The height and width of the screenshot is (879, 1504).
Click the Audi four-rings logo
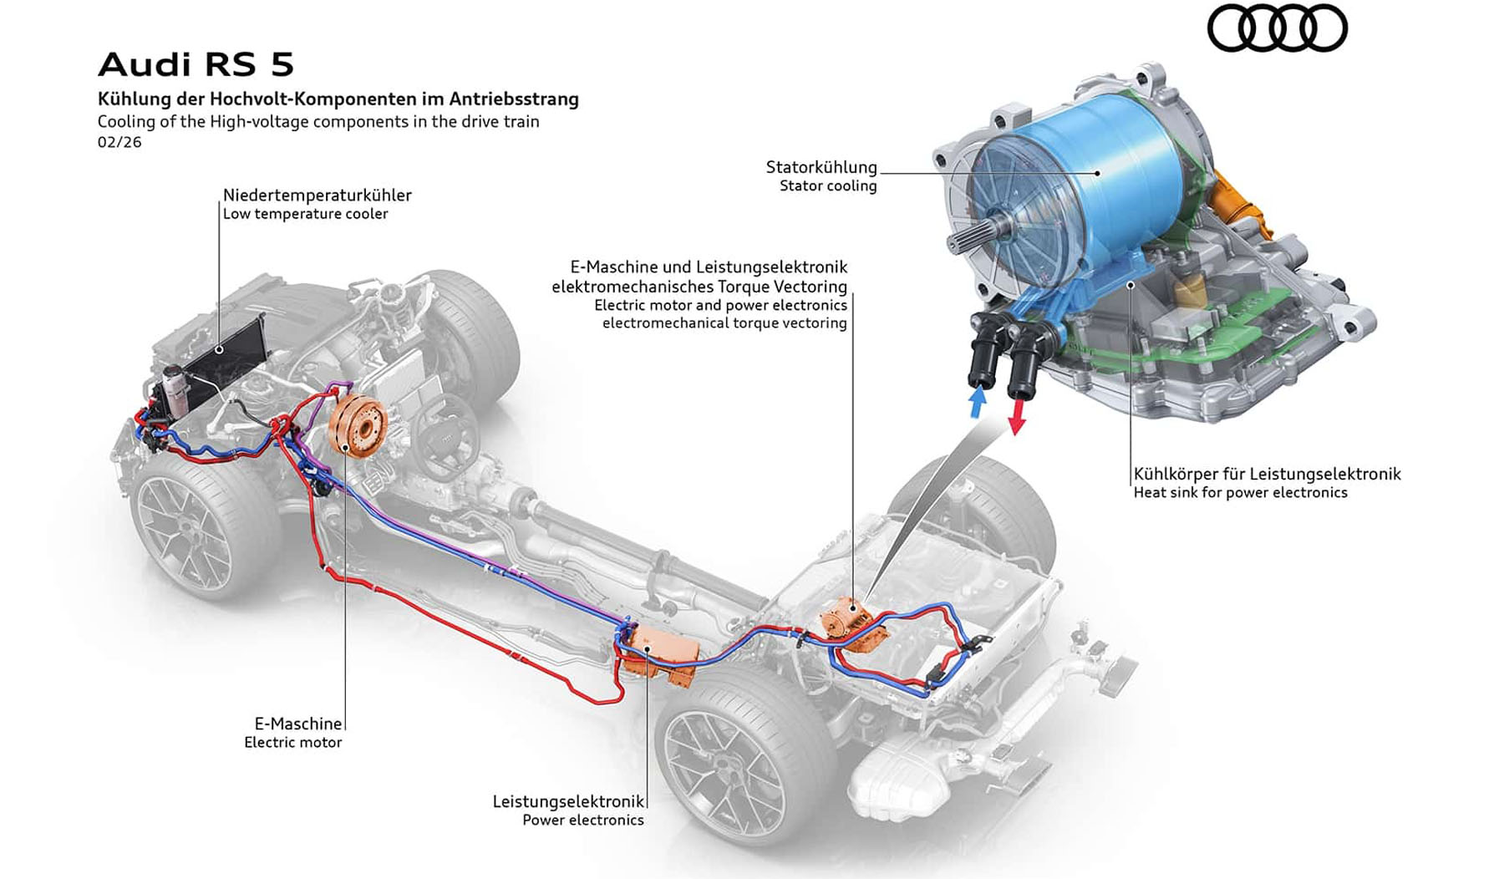coord(1277,28)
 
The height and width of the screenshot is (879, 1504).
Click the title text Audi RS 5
coord(196,64)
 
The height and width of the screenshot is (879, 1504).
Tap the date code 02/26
coord(119,142)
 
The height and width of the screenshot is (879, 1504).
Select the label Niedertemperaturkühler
coord(317,195)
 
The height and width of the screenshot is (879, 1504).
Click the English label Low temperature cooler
coord(305,214)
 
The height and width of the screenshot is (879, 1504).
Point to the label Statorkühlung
coord(821,167)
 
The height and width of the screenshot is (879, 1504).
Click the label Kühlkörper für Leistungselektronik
coord(1267,474)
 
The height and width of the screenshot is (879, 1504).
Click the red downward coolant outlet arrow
coord(1016,416)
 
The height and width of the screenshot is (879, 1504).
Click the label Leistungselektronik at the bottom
coord(568,801)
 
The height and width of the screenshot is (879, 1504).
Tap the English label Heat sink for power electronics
coord(1240,493)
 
